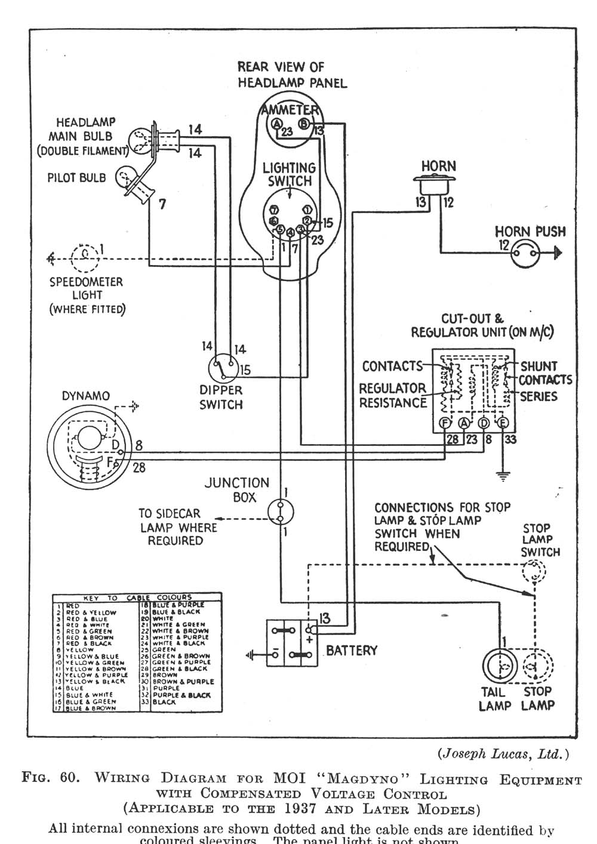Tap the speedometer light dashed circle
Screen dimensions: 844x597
coord(85,257)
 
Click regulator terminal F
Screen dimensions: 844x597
coord(444,423)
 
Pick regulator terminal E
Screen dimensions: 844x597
coord(503,423)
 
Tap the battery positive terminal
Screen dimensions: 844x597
coord(310,630)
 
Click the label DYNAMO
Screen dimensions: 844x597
coord(86,396)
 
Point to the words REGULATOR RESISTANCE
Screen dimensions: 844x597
coord(392,395)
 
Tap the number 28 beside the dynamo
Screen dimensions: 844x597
coord(139,468)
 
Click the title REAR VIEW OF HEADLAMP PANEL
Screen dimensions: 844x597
coord(292,75)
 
